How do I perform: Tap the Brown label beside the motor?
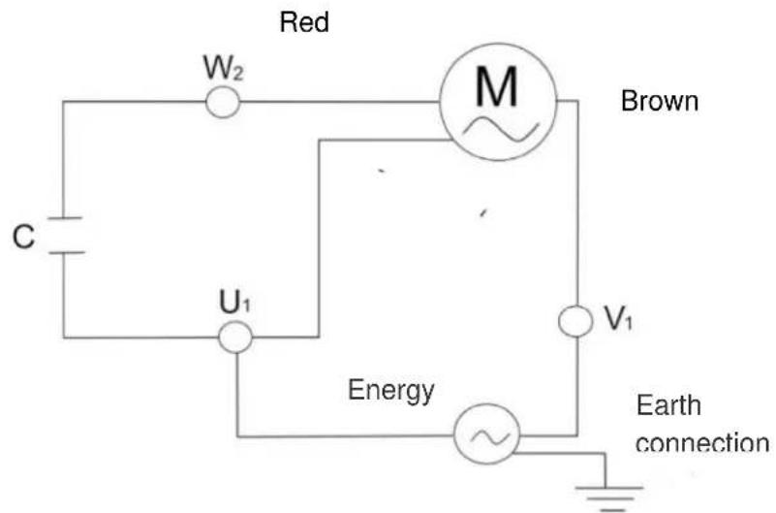[x=659, y=102]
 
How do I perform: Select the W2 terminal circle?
[x=224, y=102]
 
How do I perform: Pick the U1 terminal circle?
[x=234, y=337]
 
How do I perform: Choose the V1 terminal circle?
[x=576, y=321]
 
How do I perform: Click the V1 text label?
[x=618, y=320]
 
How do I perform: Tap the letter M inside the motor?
[x=497, y=90]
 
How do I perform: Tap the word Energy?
[x=390, y=391]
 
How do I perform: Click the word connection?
[x=700, y=443]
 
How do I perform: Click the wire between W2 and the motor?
[x=339, y=102]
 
